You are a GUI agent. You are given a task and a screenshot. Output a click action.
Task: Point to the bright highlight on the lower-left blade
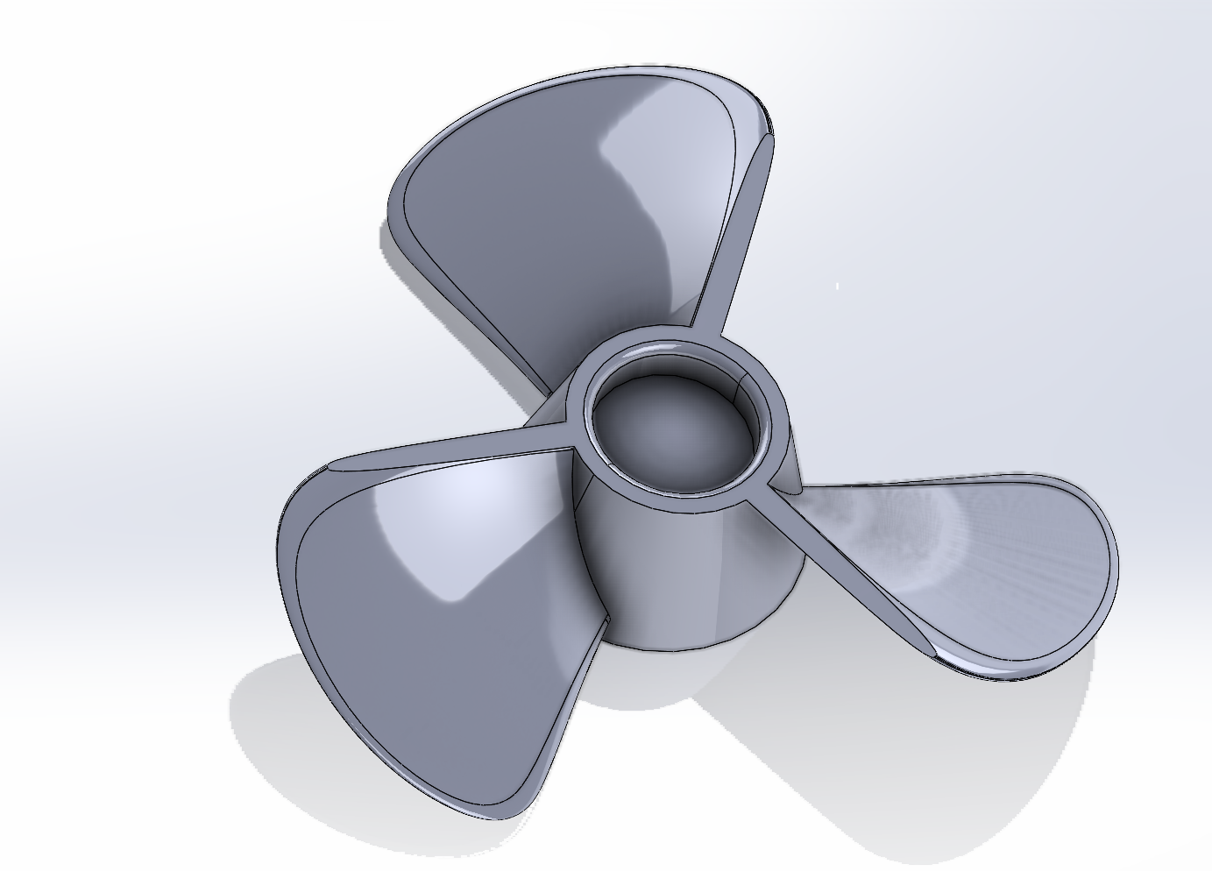[x=447, y=526]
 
